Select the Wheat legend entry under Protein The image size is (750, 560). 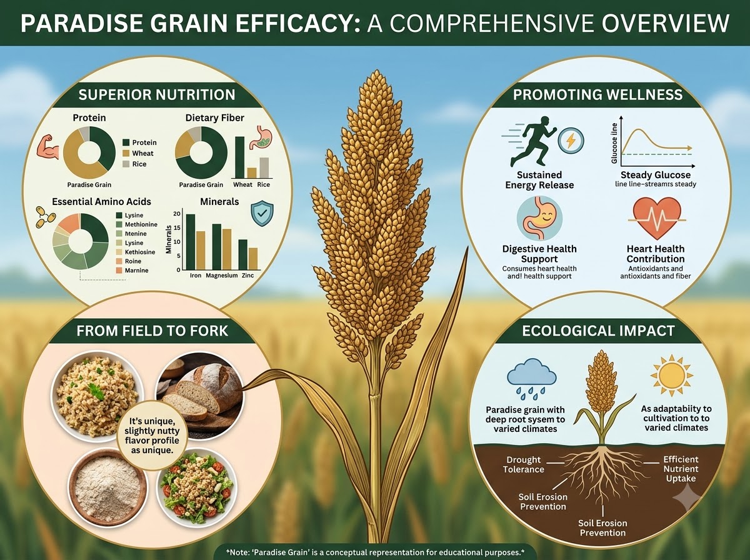pos(138,153)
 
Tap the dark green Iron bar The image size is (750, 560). pos(191,242)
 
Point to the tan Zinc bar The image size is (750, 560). pos(253,259)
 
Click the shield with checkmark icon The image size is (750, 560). pos(262,213)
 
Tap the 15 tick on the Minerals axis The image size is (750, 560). pos(177,228)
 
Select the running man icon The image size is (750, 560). pos(529,142)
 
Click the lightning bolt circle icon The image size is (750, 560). pos(571,140)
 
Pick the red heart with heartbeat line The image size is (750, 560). pos(656,218)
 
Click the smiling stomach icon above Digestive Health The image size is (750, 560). pos(539,218)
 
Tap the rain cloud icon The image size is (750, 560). pos(532,379)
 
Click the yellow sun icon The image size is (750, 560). pos(672,375)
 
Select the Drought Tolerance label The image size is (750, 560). pos(524,464)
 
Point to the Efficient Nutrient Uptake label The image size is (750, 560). pos(681,469)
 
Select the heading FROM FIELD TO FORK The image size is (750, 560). pos(152,331)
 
